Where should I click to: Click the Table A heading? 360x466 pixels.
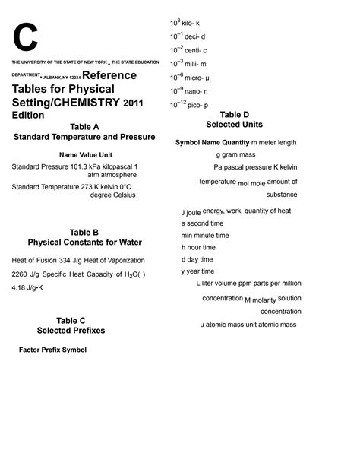[x=84, y=126]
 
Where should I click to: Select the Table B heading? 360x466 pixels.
[x=84, y=233]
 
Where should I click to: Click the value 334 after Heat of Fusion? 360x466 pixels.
[x=67, y=260]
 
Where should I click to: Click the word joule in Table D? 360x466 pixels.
[x=194, y=213]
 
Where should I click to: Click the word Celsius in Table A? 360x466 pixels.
[x=123, y=195]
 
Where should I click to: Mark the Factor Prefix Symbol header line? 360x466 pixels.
[x=52, y=350]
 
